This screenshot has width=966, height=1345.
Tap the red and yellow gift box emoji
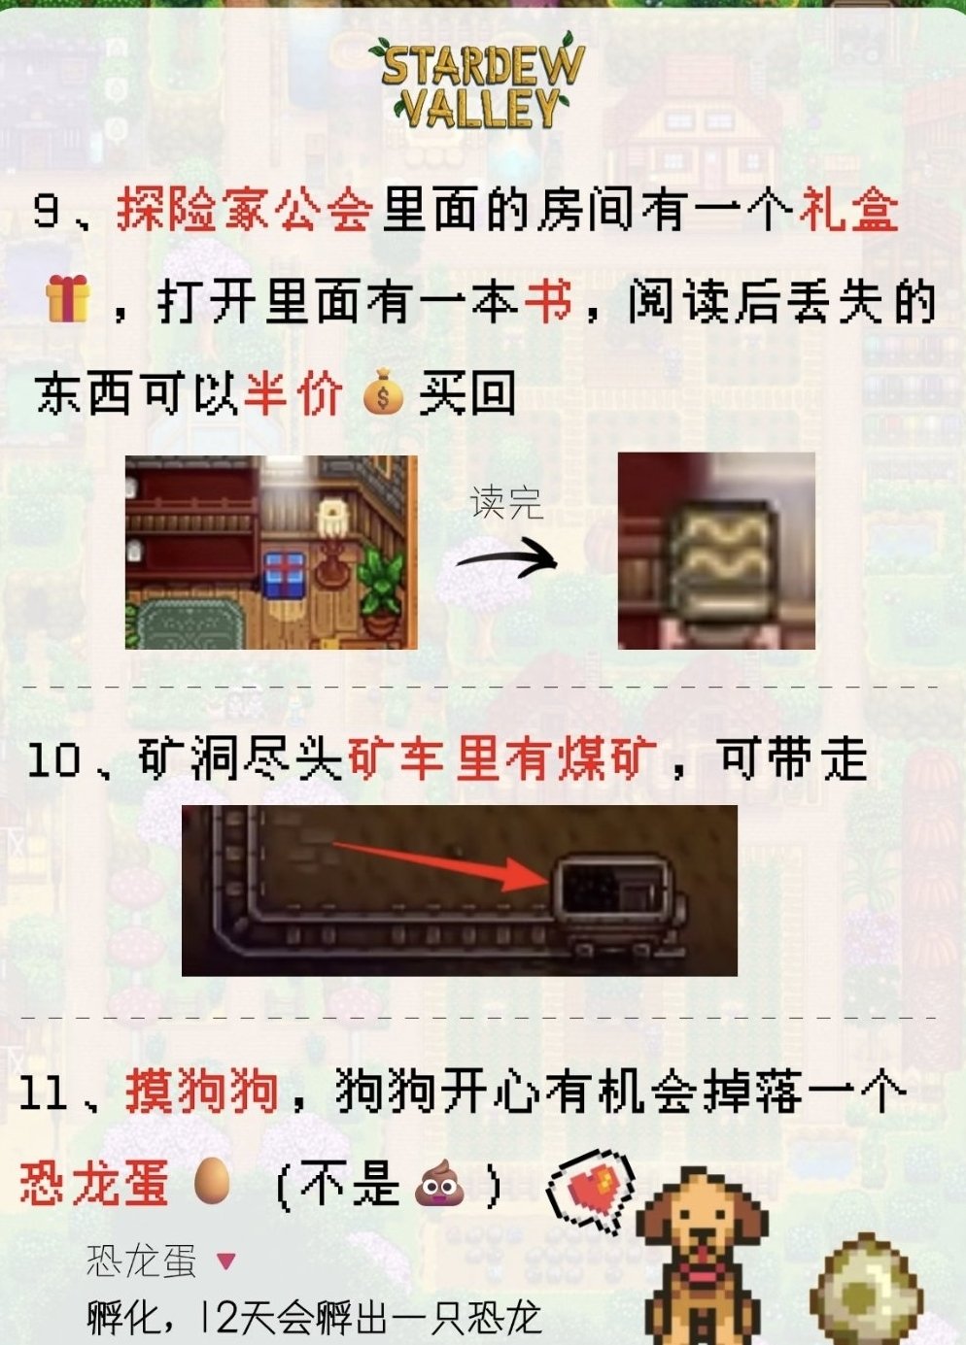coord(68,298)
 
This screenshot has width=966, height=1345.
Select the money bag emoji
coord(384,393)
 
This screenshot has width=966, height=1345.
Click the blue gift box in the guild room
coord(284,576)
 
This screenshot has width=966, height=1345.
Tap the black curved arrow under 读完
coord(507,559)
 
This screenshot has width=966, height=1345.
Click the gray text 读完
coord(507,503)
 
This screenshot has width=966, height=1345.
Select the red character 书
coord(548,301)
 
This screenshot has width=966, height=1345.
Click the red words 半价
coord(293,394)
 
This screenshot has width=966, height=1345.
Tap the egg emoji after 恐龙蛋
coord(212,1181)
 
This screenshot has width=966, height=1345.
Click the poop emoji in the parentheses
coord(439,1182)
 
